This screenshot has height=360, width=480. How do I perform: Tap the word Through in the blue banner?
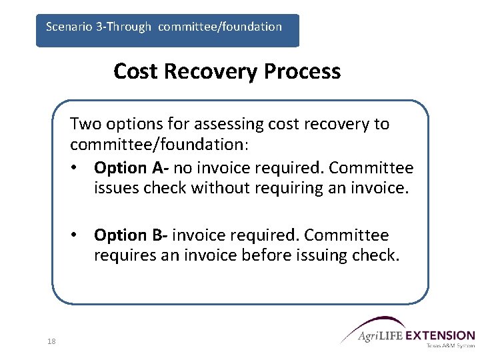click(128, 27)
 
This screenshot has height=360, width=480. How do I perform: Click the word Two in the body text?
click(83, 124)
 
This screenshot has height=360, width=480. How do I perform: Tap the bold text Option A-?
click(131, 167)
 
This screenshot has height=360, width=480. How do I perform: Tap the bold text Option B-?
click(131, 235)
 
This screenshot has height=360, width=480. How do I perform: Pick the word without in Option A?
click(216, 189)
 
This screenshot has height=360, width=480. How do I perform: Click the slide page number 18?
click(51, 341)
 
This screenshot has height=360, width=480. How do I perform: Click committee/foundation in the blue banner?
click(220, 27)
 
